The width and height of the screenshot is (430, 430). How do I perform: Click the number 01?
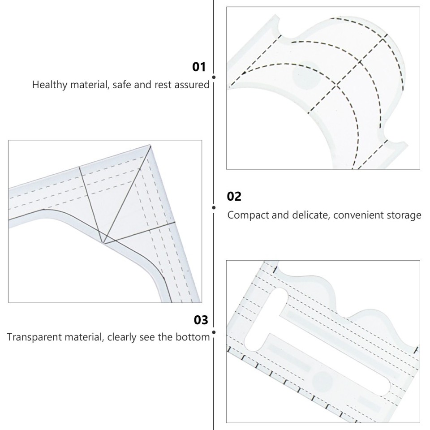click(x=199, y=67)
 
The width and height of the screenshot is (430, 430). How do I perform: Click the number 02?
click(x=234, y=197)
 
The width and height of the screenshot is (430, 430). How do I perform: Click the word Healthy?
click(x=49, y=85)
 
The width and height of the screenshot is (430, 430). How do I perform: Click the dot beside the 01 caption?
click(x=214, y=77)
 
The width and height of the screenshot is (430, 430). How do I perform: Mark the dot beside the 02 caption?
click(x=214, y=207)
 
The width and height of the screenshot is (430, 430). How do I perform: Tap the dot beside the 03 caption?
click(x=214, y=332)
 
